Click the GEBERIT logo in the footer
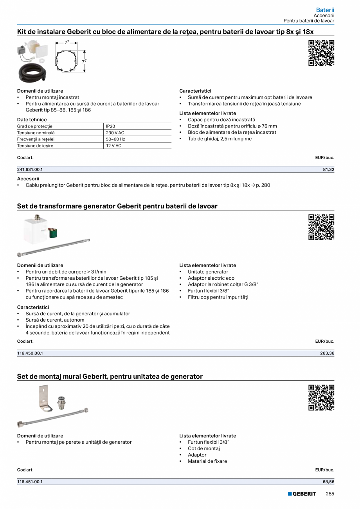point(302,494)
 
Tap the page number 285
point(330,494)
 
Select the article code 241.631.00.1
point(30,169)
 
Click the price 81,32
point(328,169)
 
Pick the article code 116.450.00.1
point(30,353)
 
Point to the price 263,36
point(327,353)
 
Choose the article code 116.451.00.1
point(30,482)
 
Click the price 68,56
point(328,482)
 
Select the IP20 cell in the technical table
point(110,126)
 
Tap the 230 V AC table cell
point(115,133)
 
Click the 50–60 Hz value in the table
point(115,139)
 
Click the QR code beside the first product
point(321,53)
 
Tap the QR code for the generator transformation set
point(321,227)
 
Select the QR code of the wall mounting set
point(321,397)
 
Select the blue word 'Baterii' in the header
point(325,9)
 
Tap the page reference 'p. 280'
point(263,185)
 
